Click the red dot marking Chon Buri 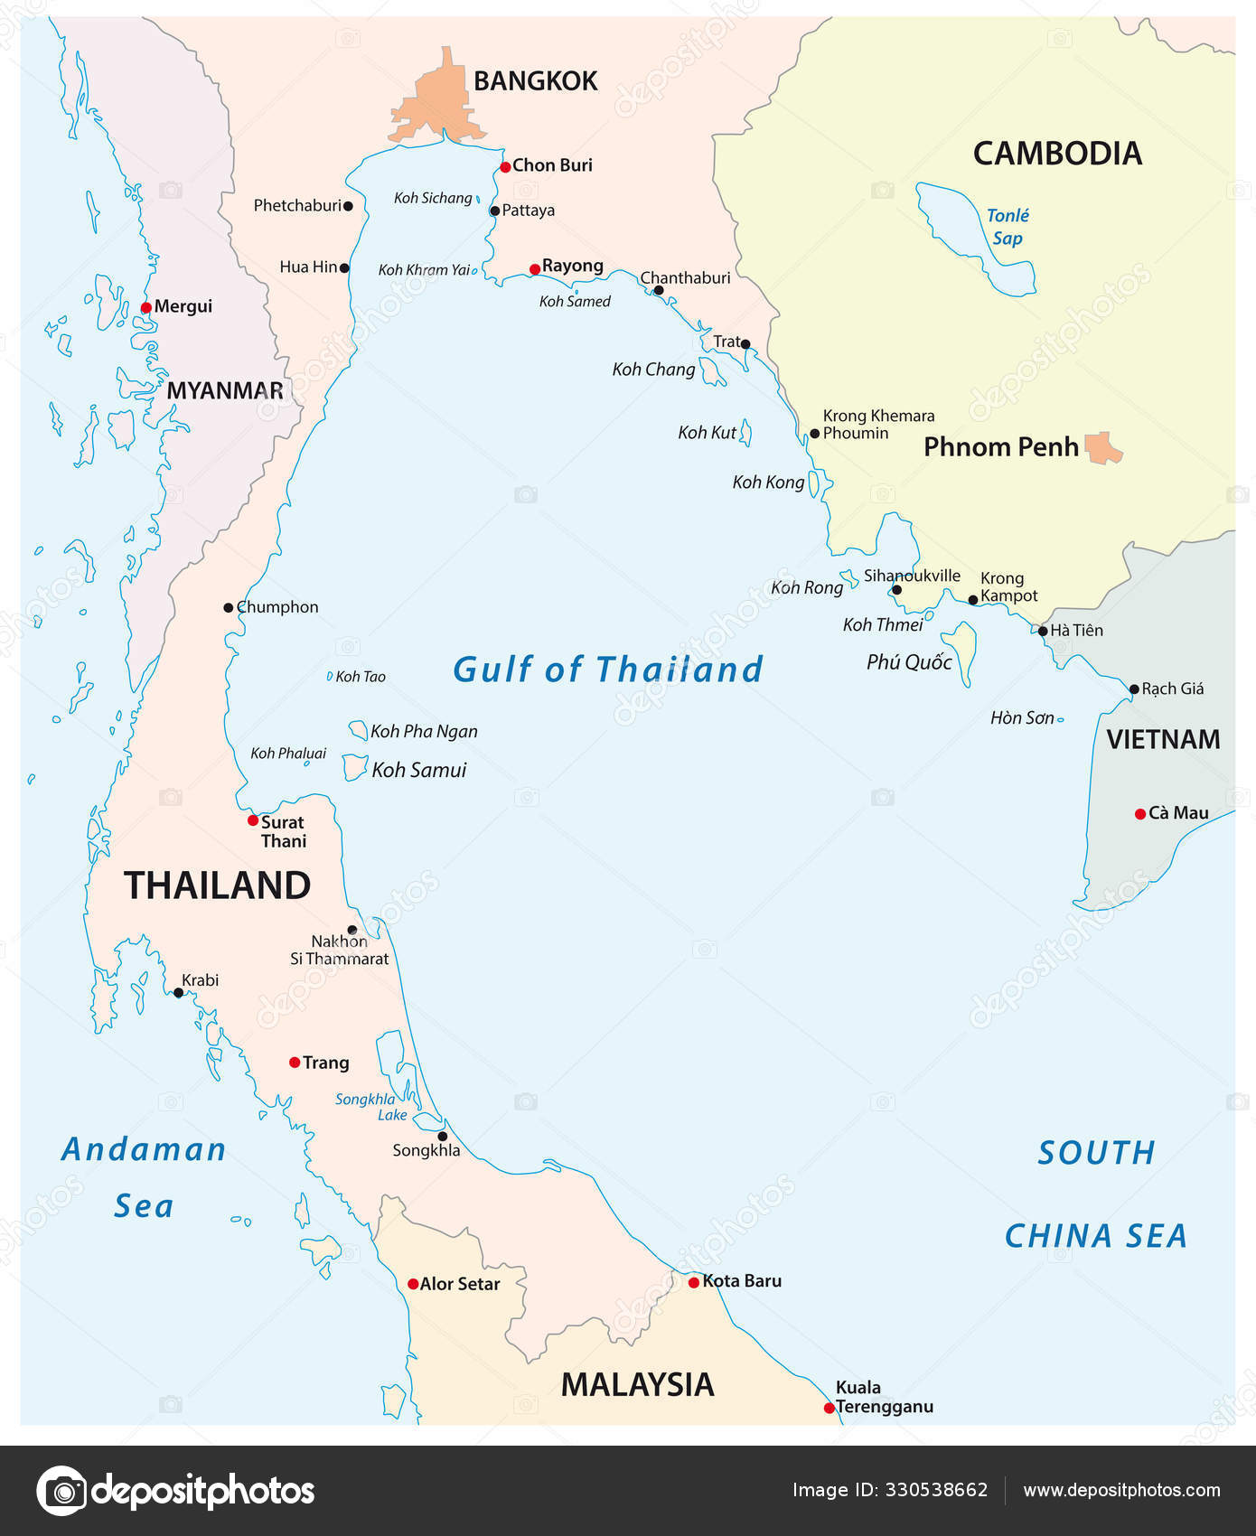click(x=505, y=166)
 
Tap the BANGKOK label click(x=535, y=81)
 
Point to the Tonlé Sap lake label click(x=1007, y=227)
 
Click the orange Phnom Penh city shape click(x=1102, y=447)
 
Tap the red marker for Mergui click(x=146, y=307)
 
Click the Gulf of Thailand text click(x=607, y=670)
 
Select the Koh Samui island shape click(x=354, y=768)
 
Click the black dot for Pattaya click(x=494, y=211)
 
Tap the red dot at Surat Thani click(x=253, y=820)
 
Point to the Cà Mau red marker click(x=1139, y=814)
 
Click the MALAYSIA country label click(x=637, y=1384)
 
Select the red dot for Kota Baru click(x=693, y=1282)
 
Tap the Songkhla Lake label click(x=366, y=1107)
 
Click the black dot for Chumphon click(x=229, y=608)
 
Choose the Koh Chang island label click(x=653, y=370)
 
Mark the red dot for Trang click(x=295, y=1063)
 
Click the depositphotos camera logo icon click(x=61, y=1490)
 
